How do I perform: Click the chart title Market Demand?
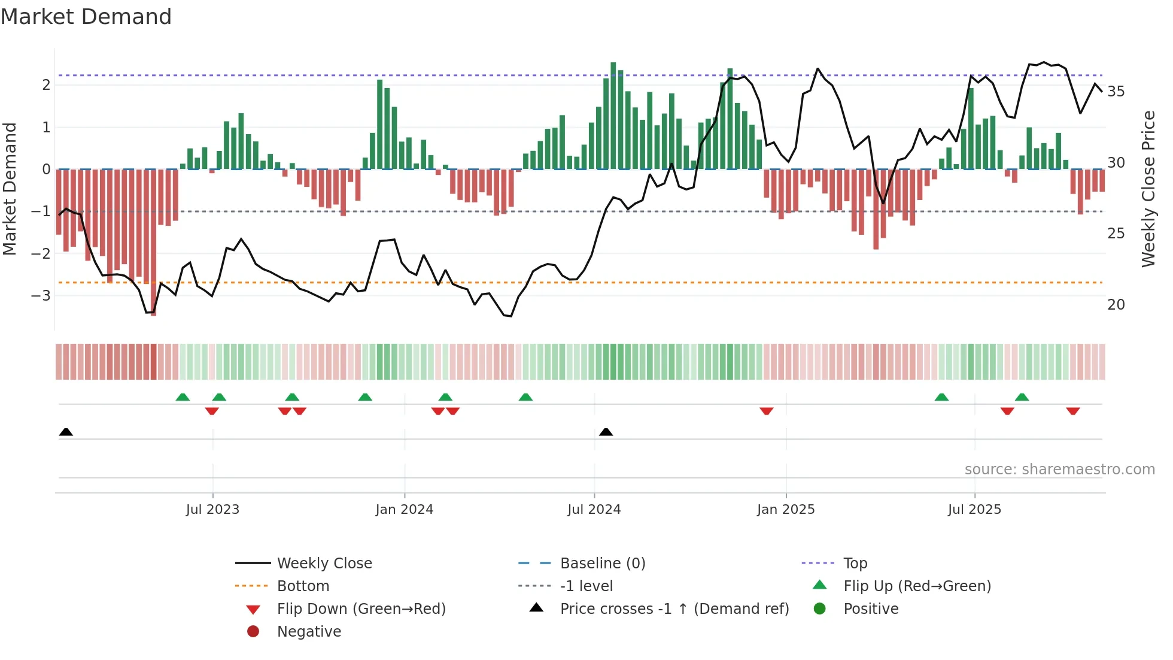(x=86, y=17)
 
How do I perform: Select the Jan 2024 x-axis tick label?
(x=404, y=510)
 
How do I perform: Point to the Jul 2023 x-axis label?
(x=212, y=510)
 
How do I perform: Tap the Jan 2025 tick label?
(x=785, y=510)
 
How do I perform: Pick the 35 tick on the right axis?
(x=1116, y=92)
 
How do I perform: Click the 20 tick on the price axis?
(x=1116, y=305)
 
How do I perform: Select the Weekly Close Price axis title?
(x=1148, y=189)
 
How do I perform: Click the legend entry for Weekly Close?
(x=324, y=564)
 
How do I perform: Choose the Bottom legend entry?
(x=303, y=586)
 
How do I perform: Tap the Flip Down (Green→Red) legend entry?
(x=361, y=609)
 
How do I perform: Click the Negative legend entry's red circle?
(x=253, y=632)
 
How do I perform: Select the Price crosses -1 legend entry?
(x=674, y=609)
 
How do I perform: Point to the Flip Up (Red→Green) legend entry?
(x=917, y=586)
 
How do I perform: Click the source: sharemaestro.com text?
(x=1059, y=470)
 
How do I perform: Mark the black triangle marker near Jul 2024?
(x=606, y=432)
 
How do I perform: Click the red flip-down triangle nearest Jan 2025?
(x=766, y=411)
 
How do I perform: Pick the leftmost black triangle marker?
(x=66, y=432)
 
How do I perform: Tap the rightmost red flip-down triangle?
(x=1072, y=411)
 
